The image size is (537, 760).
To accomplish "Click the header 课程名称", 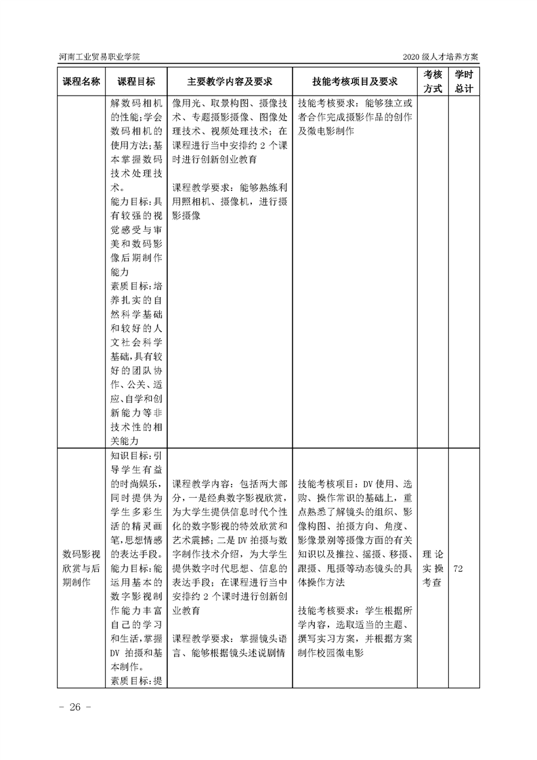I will coord(81,81).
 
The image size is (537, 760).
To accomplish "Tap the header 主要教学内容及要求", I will coord(230,81).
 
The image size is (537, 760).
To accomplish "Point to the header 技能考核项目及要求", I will coord(355,81).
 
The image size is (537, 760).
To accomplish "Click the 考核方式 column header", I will coord(433,81).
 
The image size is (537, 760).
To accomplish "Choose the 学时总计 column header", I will coord(464,81).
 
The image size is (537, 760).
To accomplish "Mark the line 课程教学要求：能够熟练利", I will coord(229,187).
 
